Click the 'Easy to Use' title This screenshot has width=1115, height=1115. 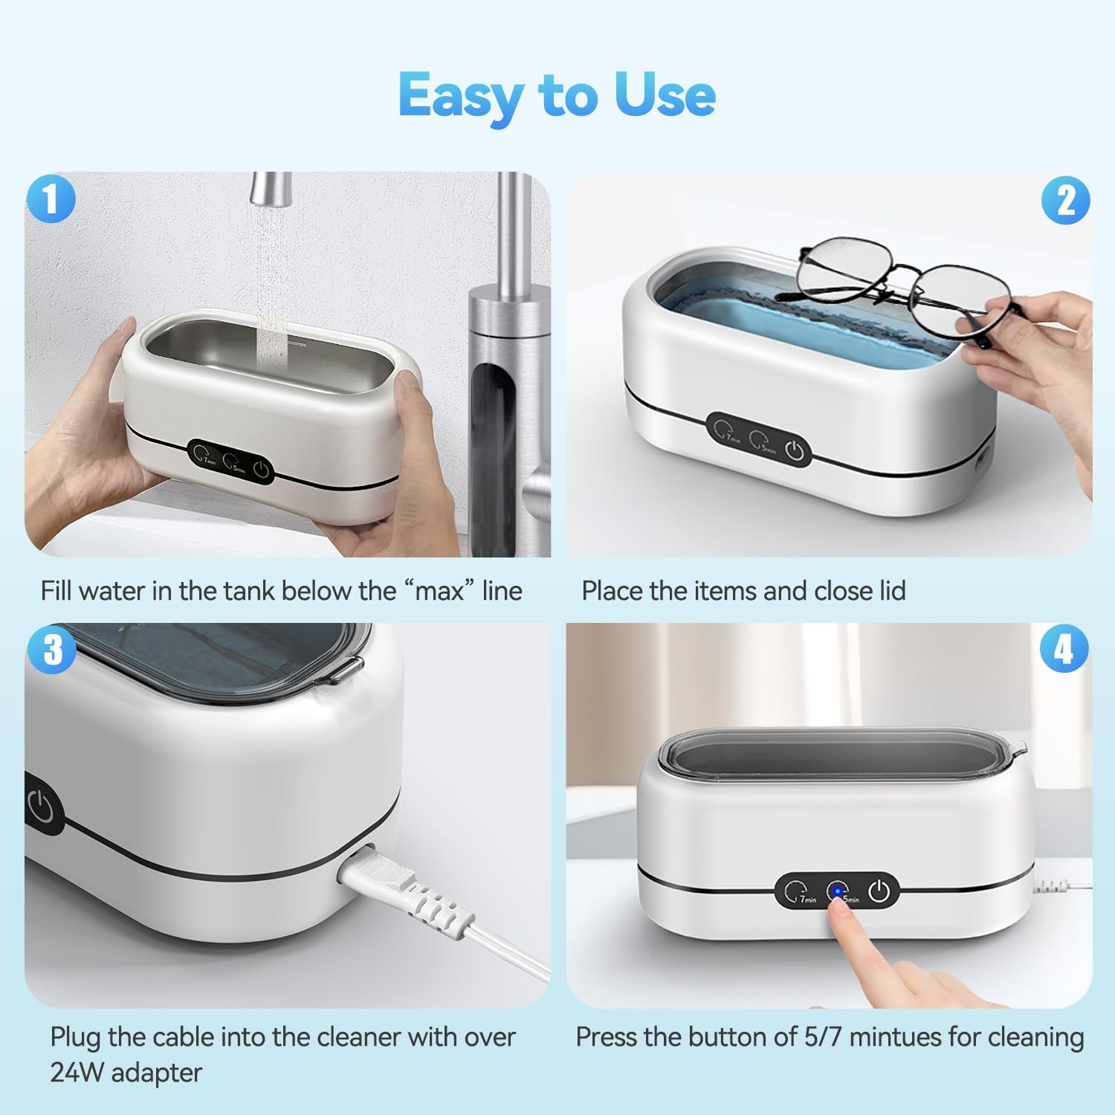[x=557, y=95]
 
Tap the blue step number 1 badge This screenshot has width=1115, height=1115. [x=51, y=199]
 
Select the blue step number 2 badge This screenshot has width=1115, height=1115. [x=1065, y=201]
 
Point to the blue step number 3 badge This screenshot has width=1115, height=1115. [x=51, y=649]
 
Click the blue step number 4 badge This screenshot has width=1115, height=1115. [x=1064, y=649]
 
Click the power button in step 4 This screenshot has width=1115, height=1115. [x=879, y=890]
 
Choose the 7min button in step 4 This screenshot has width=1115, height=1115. [x=798, y=891]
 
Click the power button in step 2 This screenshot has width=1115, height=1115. [x=794, y=450]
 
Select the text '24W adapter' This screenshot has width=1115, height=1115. [x=126, y=1073]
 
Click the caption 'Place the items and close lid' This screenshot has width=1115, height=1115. [x=743, y=591]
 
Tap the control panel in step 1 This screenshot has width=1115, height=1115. [x=230, y=462]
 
